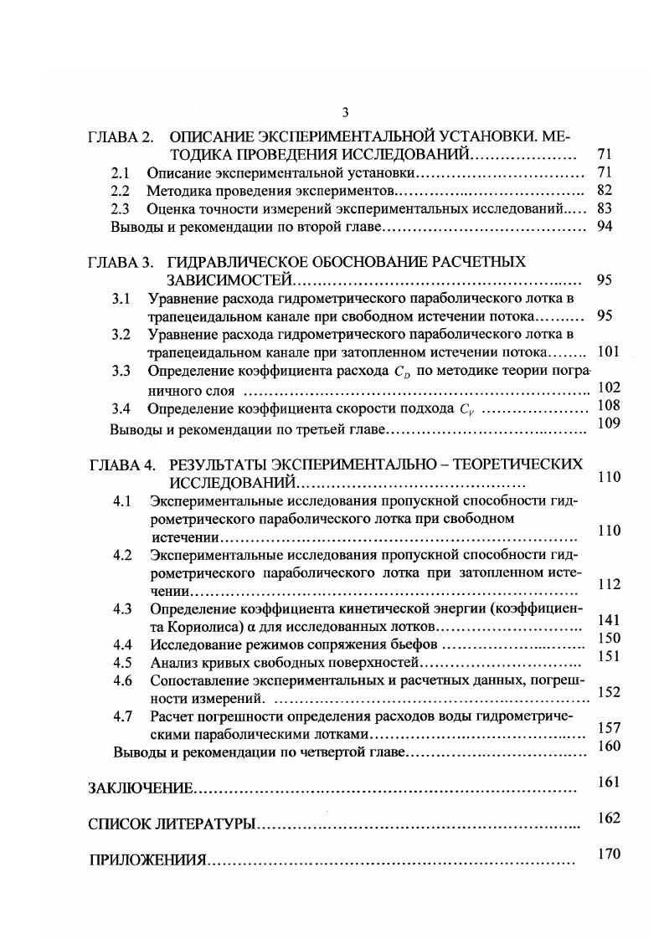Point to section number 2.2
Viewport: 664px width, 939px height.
(121, 191)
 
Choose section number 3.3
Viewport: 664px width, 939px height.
(121, 371)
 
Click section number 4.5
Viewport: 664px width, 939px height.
(123, 663)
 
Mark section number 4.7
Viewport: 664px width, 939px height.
(123, 716)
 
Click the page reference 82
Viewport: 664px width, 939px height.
(606, 190)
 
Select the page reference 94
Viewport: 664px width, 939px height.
(606, 227)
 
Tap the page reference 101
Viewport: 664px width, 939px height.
(608, 351)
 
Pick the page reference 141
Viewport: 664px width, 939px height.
(609, 620)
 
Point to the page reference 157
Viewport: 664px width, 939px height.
(609, 728)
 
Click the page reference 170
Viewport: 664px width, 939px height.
(609, 854)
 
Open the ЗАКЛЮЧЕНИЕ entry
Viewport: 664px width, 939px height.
(141, 788)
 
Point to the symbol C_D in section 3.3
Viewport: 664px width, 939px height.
(403, 372)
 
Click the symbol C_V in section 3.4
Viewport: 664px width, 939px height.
(468, 409)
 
